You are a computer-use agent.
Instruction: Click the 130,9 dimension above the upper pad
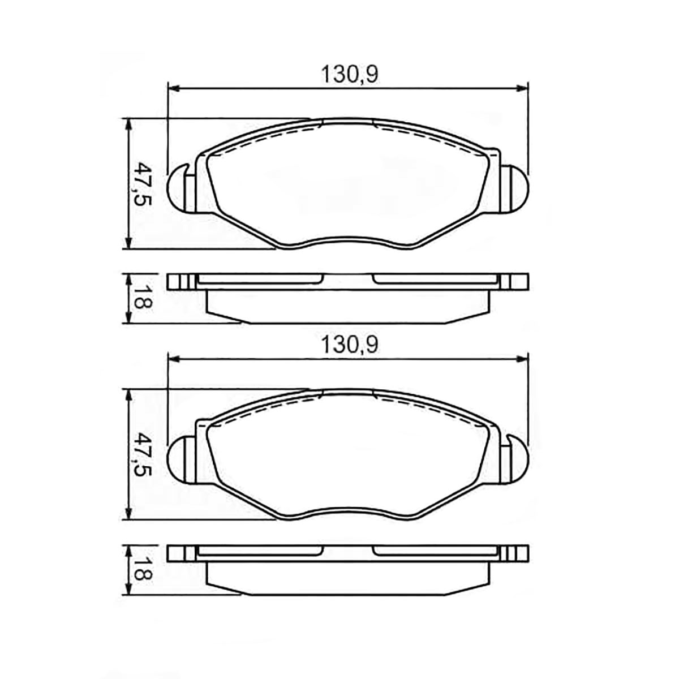349,75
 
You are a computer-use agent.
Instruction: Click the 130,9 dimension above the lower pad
349,345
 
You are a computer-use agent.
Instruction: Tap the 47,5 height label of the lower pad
143,454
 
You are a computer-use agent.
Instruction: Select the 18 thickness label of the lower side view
143,569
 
